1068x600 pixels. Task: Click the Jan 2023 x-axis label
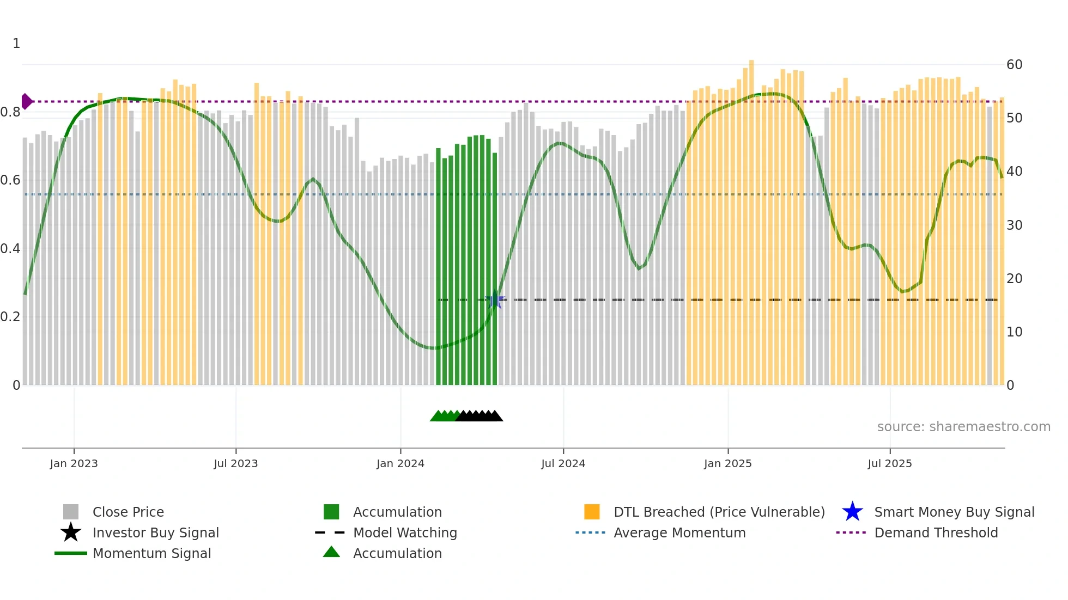(x=74, y=463)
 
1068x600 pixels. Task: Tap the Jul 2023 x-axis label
(x=235, y=463)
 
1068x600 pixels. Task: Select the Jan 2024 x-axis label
(x=400, y=463)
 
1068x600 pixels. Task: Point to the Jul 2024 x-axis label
(x=563, y=463)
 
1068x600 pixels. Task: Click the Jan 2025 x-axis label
(x=727, y=463)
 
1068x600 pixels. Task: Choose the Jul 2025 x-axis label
(x=889, y=463)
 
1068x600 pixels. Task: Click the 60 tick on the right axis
(x=1014, y=65)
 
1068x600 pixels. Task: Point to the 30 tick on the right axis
(x=1014, y=225)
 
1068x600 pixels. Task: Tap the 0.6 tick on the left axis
(x=10, y=180)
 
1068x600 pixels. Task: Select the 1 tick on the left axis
(x=16, y=44)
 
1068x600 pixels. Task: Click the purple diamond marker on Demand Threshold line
(x=26, y=102)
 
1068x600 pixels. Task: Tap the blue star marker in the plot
(x=495, y=300)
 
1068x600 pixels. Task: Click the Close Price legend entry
(x=128, y=512)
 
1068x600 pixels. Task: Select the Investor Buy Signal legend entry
(x=155, y=532)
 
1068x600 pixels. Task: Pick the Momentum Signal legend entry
(x=151, y=553)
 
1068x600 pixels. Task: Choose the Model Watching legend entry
(x=405, y=532)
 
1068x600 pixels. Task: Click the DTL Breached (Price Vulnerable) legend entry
(x=719, y=512)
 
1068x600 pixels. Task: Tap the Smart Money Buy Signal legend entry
(x=954, y=512)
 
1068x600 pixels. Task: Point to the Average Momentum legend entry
(x=679, y=532)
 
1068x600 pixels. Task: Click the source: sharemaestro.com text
(x=963, y=427)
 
